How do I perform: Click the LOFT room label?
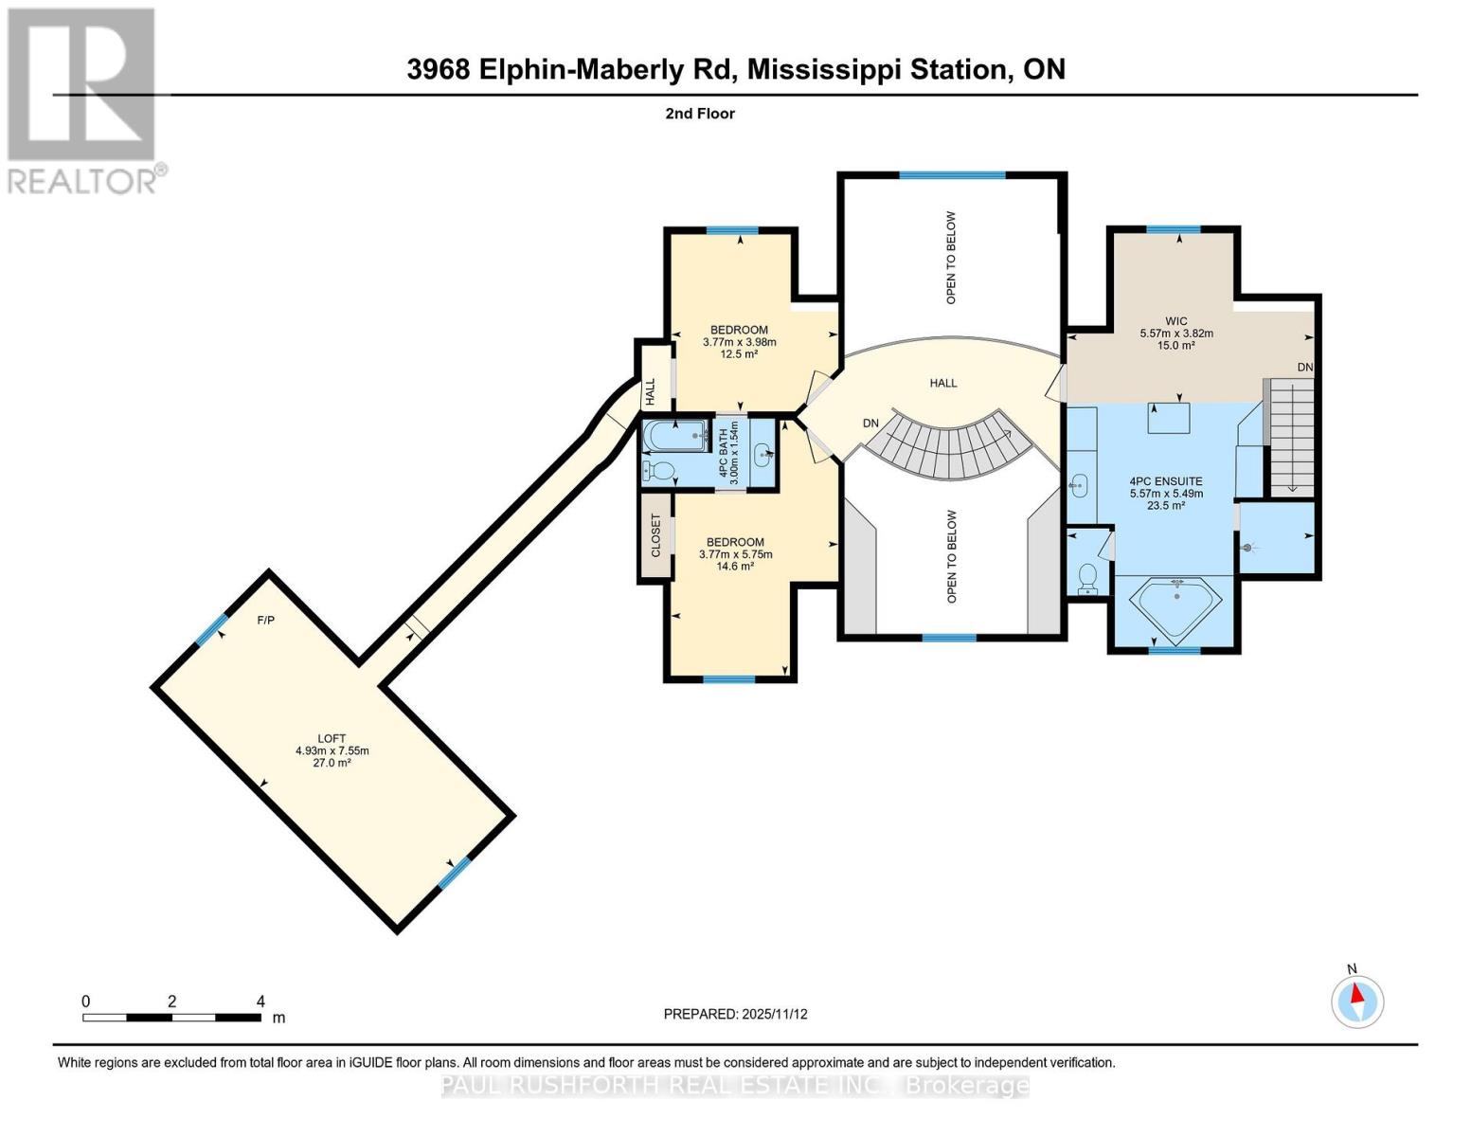coord(332,738)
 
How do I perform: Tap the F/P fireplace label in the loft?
coord(266,621)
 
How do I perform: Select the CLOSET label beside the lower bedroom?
coord(655,535)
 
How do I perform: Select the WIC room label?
coord(1175,321)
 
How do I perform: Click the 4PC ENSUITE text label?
coord(1166,481)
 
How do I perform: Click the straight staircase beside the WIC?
coord(1291,436)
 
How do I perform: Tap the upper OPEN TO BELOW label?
coord(951,257)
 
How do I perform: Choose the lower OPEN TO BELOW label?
coord(951,556)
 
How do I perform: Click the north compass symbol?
coord(1357,1001)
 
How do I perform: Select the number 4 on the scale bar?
coord(260,1001)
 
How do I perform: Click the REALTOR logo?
coord(83,99)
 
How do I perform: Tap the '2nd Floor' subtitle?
coord(700,114)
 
